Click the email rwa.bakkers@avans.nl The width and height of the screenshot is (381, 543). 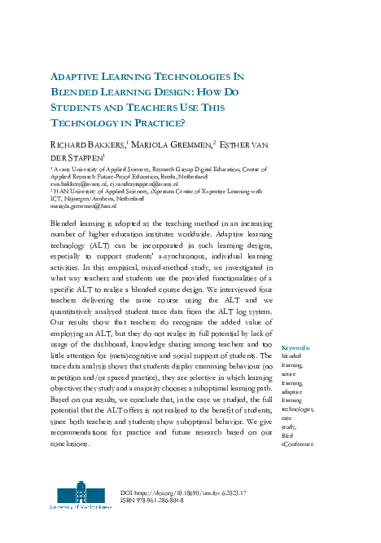point(77,184)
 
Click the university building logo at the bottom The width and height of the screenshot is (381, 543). point(81,495)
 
